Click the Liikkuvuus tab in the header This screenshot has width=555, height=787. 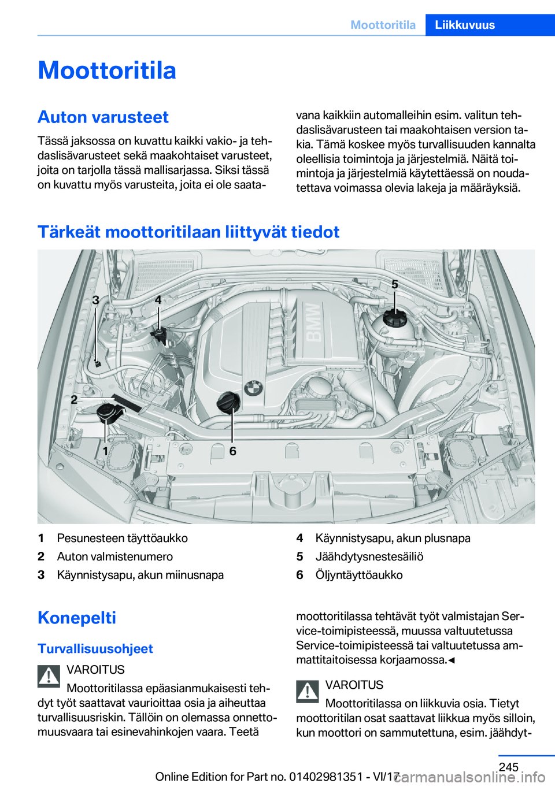(465, 25)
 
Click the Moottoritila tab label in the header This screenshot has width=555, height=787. (383, 25)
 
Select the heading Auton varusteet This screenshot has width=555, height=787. (103, 117)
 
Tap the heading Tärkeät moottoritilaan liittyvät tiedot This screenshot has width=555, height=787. (188, 232)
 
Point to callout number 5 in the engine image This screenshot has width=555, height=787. (395, 284)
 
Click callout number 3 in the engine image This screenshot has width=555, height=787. (96, 300)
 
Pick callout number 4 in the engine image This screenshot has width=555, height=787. (158, 300)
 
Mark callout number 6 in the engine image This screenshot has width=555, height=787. (233, 451)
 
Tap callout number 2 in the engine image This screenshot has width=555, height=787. (74, 399)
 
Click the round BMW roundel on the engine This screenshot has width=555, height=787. (253, 388)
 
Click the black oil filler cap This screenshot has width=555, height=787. (228, 402)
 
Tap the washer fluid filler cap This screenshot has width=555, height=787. (107, 412)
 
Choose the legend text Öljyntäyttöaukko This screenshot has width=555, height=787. (359, 575)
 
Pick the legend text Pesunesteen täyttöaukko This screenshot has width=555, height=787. (123, 538)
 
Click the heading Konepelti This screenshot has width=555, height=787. (77, 618)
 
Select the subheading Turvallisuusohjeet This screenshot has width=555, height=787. (95, 649)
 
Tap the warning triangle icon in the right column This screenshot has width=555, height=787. (308, 691)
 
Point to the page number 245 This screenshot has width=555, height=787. (508, 767)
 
